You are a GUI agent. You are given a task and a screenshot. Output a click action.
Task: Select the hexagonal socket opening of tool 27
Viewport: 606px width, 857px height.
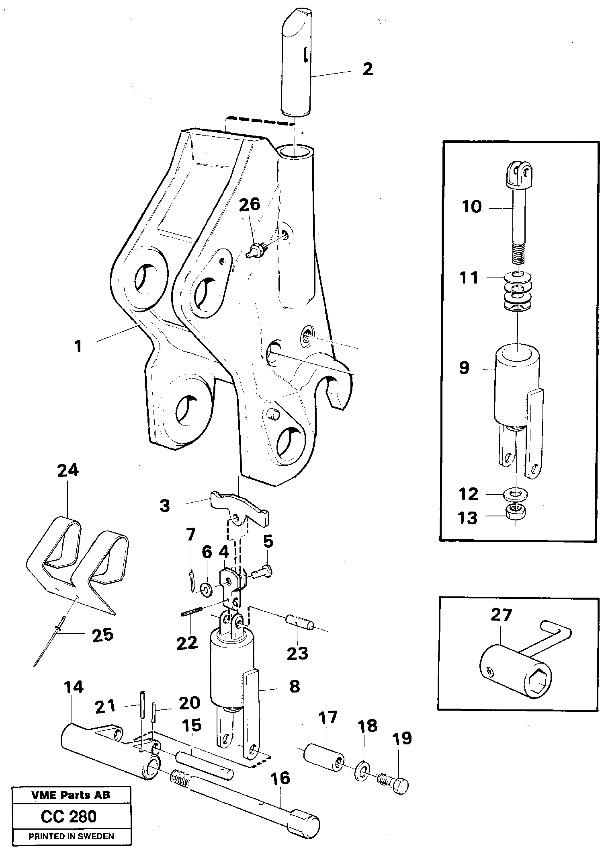coord(537,680)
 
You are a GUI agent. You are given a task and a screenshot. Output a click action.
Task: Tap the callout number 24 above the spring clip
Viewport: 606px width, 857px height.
coord(68,470)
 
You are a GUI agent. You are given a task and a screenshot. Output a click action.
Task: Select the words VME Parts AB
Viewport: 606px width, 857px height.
coord(71,795)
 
